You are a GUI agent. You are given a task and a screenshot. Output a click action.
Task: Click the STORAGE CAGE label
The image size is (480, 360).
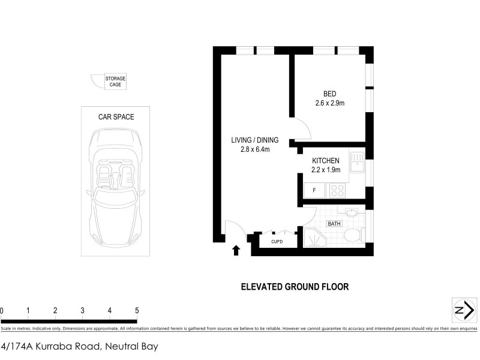click(x=115, y=82)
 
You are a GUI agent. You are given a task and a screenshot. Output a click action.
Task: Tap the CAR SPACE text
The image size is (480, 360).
click(x=116, y=117)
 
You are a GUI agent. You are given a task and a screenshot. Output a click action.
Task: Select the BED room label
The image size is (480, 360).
click(x=329, y=94)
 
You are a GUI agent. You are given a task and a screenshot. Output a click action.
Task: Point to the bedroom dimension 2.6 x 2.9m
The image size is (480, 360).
click(x=329, y=103)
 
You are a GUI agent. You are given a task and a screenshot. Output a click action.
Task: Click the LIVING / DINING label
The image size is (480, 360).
click(x=254, y=140)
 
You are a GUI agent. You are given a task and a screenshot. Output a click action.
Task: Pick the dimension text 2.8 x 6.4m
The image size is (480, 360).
click(x=254, y=149)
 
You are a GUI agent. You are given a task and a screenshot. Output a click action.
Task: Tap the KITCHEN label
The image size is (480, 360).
click(x=326, y=161)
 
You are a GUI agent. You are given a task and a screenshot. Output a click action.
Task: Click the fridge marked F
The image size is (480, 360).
click(x=314, y=191)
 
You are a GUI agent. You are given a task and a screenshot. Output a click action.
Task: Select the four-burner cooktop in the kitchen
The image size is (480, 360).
click(x=336, y=191)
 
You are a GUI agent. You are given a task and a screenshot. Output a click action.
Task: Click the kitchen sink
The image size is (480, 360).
click(x=358, y=162)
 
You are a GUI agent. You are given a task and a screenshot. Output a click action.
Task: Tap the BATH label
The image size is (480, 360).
click(x=334, y=224)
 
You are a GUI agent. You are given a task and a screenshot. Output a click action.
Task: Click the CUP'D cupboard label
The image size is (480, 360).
click(x=276, y=241)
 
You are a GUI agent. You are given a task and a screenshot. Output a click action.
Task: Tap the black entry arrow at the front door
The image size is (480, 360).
click(x=236, y=250)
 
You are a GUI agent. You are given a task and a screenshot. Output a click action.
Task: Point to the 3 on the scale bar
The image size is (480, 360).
click(x=82, y=310)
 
